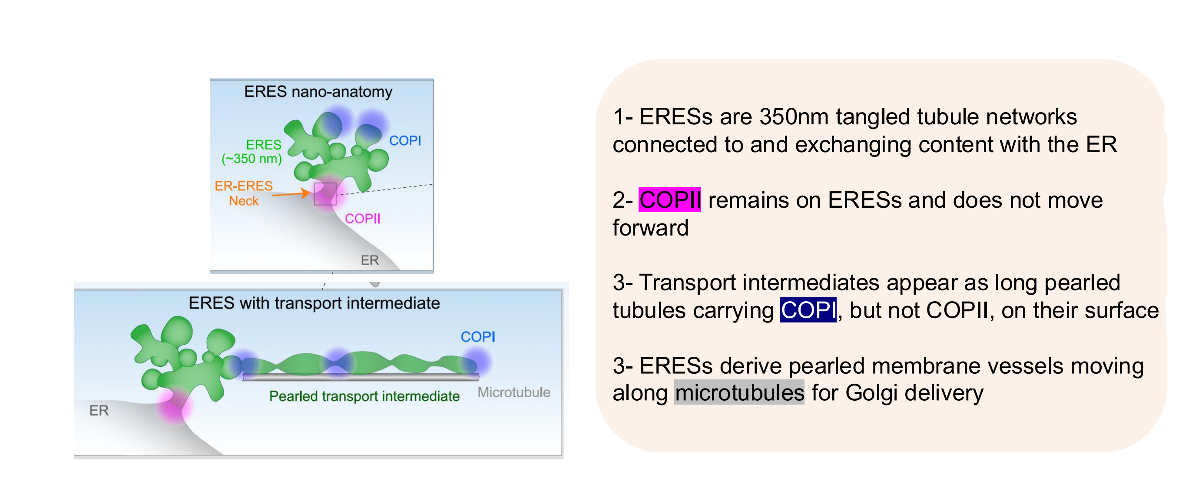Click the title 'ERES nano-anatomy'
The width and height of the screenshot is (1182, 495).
[318, 92]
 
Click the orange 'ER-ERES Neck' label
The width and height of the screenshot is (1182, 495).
[244, 193]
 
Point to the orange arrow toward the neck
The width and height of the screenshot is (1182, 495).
[290, 194]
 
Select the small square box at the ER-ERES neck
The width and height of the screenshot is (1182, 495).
[325, 193]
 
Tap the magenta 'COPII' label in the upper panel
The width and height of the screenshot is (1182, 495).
[362, 219]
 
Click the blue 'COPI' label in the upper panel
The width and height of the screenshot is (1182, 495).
[405, 140]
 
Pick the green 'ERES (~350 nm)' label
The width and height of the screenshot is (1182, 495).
[252, 152]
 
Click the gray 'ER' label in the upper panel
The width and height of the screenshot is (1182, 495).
[369, 260]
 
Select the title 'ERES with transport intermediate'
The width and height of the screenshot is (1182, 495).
[314, 303]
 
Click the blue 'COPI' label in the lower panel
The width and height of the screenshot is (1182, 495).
[478, 336]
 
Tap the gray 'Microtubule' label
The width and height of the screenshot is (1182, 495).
[513, 392]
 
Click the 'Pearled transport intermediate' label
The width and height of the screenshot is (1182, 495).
[364, 396]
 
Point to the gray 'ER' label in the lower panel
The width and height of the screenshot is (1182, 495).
[99, 411]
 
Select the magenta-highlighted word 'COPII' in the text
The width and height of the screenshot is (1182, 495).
[669, 200]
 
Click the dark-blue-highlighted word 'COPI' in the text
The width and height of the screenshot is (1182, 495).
[808, 310]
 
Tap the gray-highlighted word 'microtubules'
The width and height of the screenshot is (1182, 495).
[739, 393]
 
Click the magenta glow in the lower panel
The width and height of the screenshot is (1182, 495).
[173, 406]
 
